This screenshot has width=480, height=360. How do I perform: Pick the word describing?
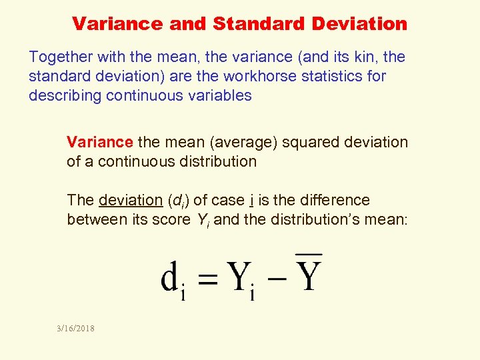click(x=64, y=95)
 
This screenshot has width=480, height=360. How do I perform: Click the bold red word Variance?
click(x=100, y=142)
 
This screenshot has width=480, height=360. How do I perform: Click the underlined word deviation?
click(x=130, y=200)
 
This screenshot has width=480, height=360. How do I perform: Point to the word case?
click(x=227, y=200)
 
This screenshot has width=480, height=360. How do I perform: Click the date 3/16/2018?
click(x=75, y=328)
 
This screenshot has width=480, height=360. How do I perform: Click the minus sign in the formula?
click(x=278, y=276)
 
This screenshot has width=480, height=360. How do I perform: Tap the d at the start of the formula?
click(x=169, y=277)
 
